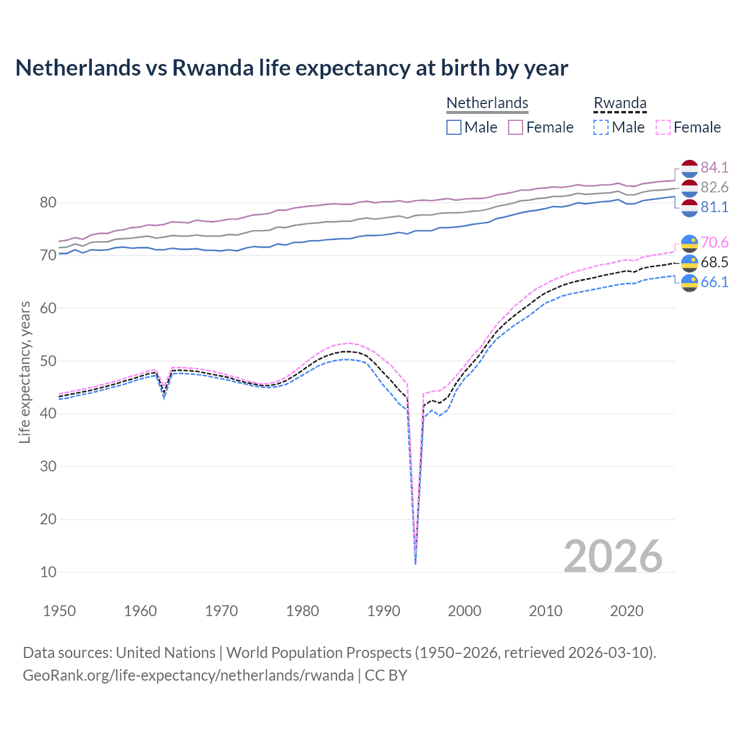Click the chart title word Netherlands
click(78, 68)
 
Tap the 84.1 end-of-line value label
click(714, 167)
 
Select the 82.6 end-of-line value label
click(714, 187)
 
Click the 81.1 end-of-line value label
click(714, 207)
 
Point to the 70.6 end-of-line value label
click(714, 242)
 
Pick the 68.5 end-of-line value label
click(714, 262)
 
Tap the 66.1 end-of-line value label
click(714, 282)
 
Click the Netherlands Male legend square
click(454, 127)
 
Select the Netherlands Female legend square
click(516, 127)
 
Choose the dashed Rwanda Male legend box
click(601, 127)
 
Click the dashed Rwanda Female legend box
click(663, 127)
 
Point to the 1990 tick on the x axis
click(384, 611)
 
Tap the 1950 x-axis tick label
click(59, 611)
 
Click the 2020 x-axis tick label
click(627, 611)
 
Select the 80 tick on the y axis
click(48, 203)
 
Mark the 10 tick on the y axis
click(48, 572)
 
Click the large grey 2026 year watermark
click(613, 556)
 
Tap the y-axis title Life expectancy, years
click(24, 372)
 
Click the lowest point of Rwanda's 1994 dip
click(415, 563)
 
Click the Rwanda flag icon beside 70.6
click(689, 243)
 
